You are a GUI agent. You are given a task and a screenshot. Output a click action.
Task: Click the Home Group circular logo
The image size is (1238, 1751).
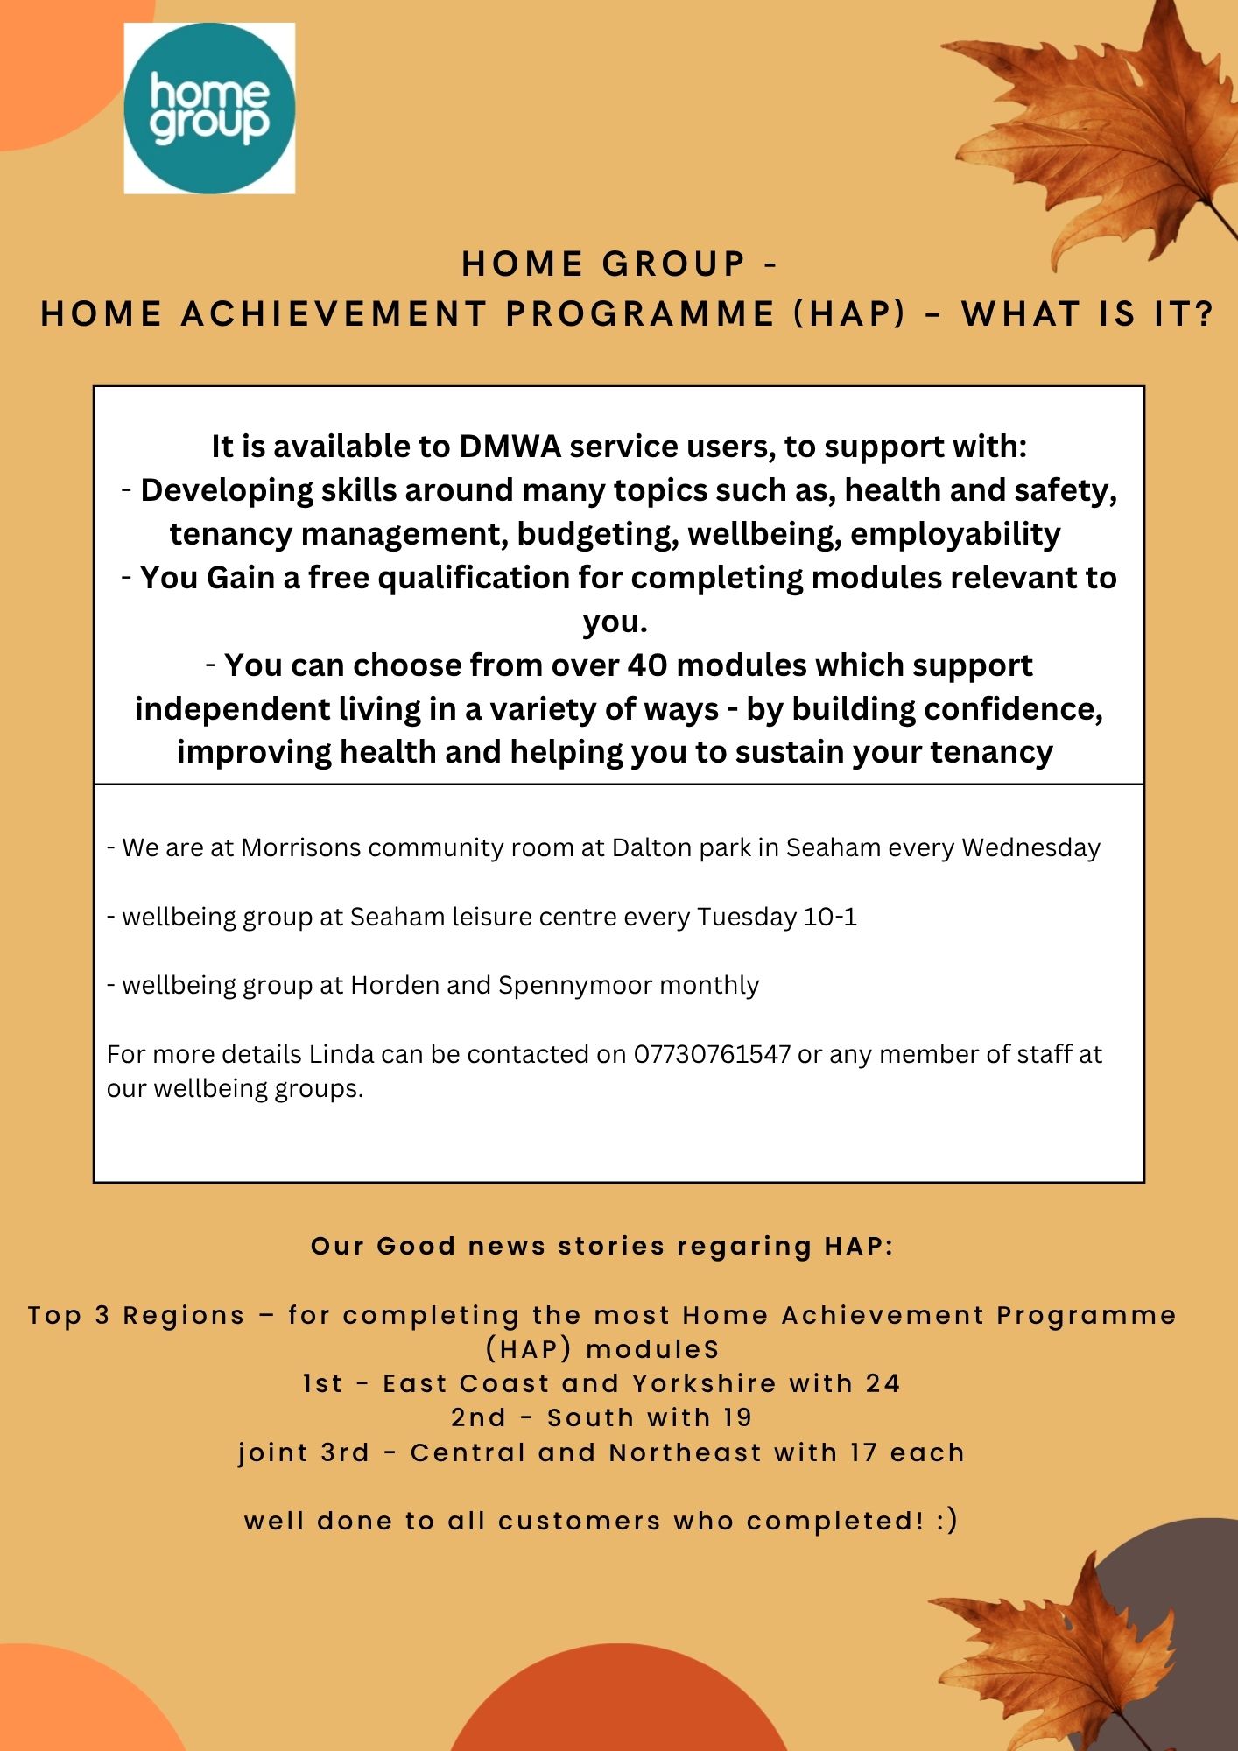click(209, 109)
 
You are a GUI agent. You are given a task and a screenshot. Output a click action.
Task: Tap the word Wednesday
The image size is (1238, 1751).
click(1030, 847)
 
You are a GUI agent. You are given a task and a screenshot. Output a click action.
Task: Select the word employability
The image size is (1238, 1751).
click(955, 534)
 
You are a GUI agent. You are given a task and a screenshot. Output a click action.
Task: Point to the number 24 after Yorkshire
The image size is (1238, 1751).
click(883, 1383)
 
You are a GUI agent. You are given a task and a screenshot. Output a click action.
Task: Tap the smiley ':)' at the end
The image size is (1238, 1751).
click(946, 1521)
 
